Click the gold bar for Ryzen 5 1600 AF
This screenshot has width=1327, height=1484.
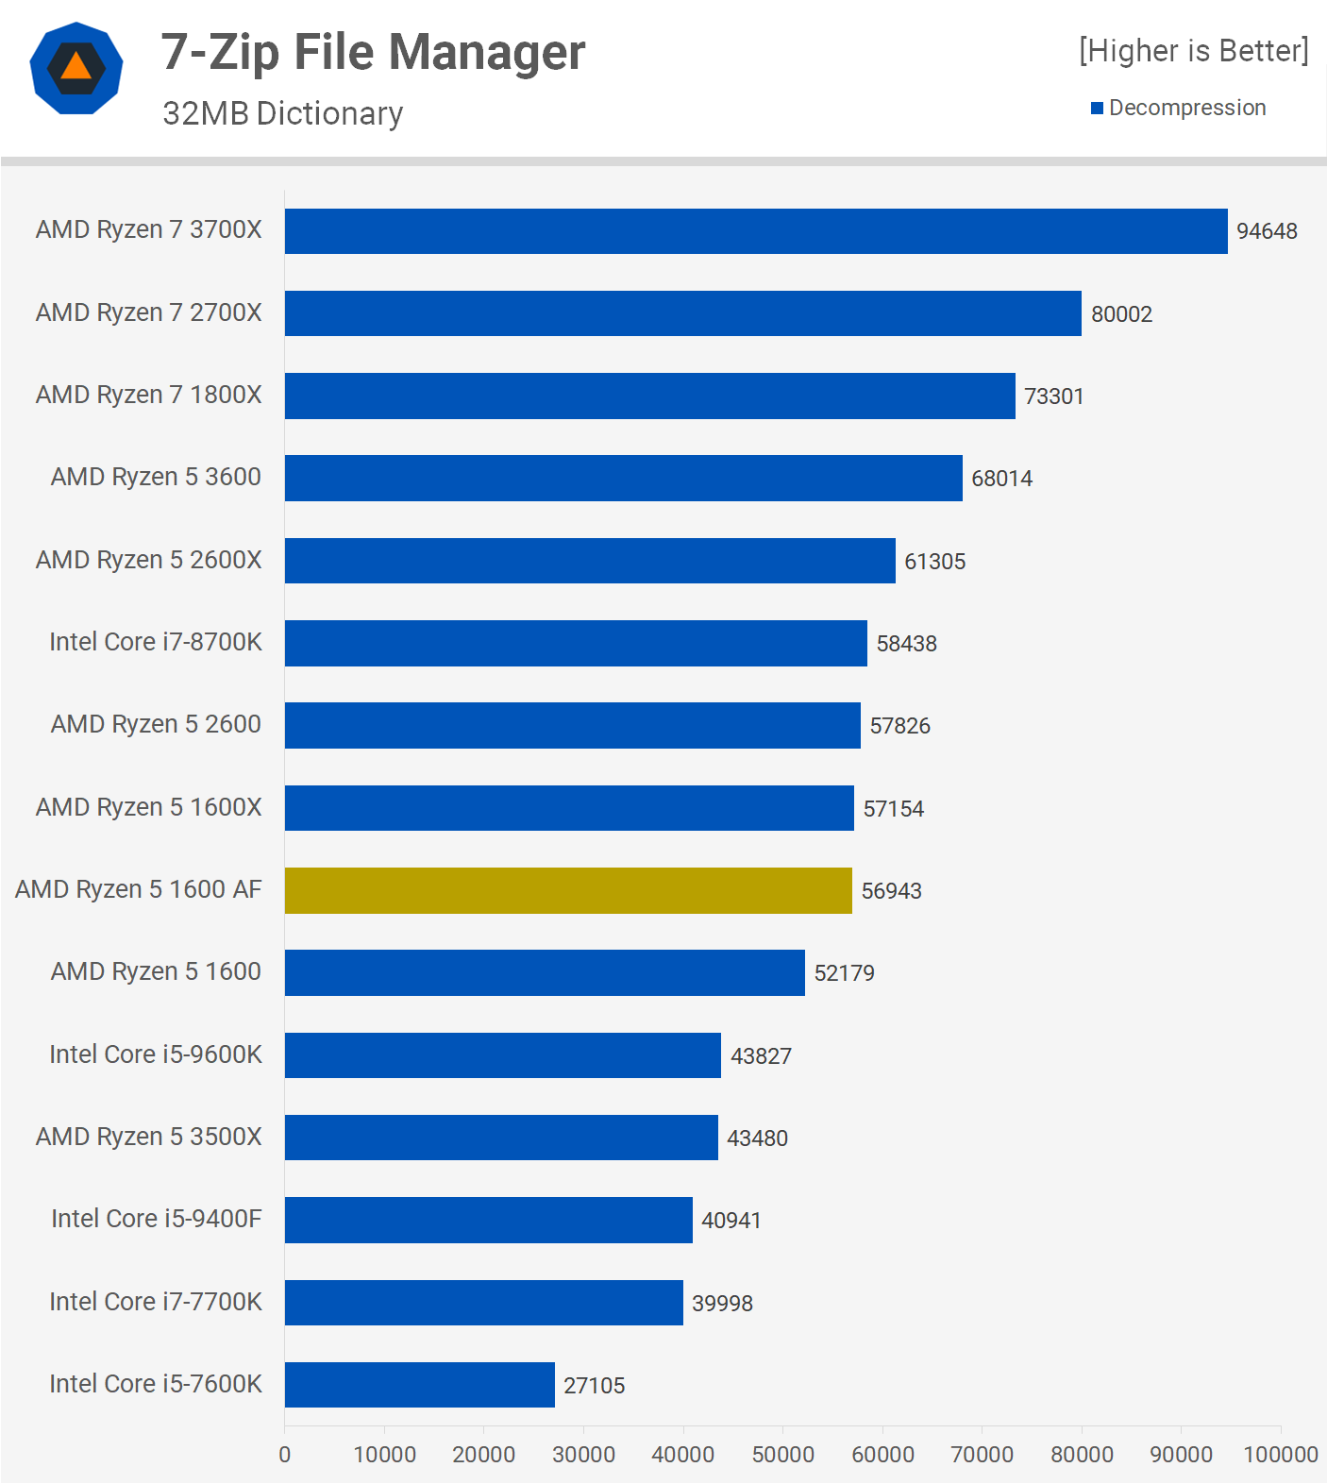pos(568,890)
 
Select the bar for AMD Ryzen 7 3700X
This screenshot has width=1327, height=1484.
pos(755,231)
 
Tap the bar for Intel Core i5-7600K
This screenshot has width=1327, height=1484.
pos(419,1385)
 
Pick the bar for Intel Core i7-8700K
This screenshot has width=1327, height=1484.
pos(576,643)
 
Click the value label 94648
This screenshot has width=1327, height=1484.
pos(1267,231)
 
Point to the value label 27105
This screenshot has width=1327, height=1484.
pos(594,1386)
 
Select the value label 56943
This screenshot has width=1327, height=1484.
pos(891,891)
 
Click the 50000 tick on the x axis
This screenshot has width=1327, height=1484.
pos(782,1455)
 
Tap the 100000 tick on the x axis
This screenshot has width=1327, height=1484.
pos(1280,1455)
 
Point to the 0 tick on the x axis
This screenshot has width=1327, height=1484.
pos(285,1455)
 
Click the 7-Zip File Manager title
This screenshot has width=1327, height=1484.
pos(373,52)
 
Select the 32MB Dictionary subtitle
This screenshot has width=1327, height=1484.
pos(282,113)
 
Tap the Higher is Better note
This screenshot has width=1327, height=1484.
pos(1193,51)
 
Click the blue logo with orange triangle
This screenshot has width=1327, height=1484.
pos(76,68)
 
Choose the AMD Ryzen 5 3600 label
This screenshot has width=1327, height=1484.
pos(156,477)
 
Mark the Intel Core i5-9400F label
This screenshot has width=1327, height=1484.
pos(156,1219)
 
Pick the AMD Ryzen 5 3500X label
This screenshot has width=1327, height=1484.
pos(148,1137)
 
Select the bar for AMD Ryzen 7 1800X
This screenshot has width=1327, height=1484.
pos(649,396)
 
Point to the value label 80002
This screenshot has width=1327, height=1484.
pos(1121,314)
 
